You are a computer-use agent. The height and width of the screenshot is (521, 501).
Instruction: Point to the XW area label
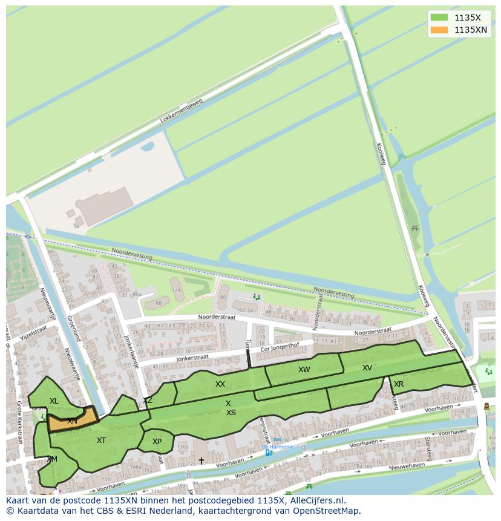(x=304, y=370)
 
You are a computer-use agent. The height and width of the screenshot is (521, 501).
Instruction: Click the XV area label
(x=367, y=368)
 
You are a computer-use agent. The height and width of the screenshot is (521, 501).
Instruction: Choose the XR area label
(x=399, y=384)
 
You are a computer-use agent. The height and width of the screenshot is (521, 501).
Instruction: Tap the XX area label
(x=220, y=384)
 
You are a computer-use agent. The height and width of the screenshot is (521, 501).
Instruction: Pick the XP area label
(x=157, y=442)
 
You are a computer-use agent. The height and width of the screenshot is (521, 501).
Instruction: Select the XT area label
(x=101, y=441)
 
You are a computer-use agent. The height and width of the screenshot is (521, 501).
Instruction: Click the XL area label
(x=54, y=401)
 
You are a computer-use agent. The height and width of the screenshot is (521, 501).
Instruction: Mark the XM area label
(x=52, y=459)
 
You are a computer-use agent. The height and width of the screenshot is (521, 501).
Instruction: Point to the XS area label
(x=231, y=413)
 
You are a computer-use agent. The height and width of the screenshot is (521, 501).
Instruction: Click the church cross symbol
(x=201, y=461)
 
